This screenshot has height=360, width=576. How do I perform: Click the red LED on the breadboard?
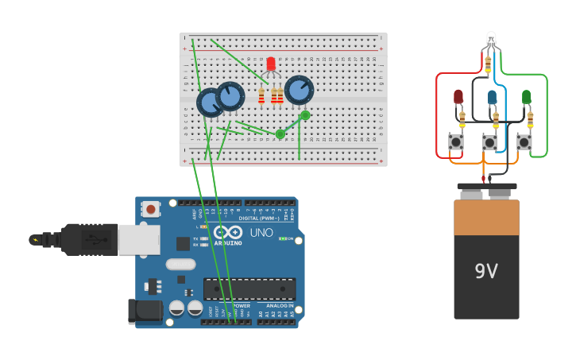tap(271, 64)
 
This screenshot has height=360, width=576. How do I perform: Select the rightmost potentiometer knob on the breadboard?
tap(300, 91)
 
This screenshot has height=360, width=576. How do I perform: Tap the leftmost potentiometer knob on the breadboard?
tap(211, 103)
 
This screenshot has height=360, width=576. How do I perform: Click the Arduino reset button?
tap(150, 209)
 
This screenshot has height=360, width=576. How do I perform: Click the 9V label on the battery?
tap(486, 272)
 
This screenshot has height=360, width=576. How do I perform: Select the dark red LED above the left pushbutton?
tap(458, 97)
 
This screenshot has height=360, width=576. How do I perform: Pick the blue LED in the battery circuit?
tap(493, 97)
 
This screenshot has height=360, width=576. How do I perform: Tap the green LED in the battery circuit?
tap(527, 97)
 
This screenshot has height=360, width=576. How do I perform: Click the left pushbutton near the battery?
tap(456, 142)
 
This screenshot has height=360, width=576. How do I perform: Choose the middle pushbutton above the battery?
tap(489, 143)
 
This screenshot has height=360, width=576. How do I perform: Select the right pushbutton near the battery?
tap(524, 142)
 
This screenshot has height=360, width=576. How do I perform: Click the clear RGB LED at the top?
tap(490, 38)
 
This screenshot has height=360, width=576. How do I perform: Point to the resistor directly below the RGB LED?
tap(488, 62)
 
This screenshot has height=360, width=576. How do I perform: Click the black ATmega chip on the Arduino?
tap(249, 289)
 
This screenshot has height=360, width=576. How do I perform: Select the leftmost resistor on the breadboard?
tap(261, 96)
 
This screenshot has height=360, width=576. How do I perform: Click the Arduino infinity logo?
tap(227, 232)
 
